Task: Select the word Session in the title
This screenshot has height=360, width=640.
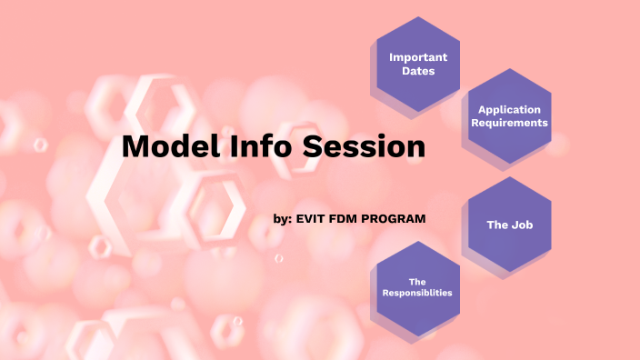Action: coord(364,146)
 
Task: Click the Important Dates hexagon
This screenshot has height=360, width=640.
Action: coord(418,64)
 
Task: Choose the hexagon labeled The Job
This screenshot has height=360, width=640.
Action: coord(509,224)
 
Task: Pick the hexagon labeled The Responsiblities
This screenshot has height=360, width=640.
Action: coord(417,287)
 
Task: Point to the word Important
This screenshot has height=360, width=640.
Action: coord(418,57)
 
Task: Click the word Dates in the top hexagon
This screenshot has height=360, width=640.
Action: coord(418,71)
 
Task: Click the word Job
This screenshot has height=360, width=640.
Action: coord(521,225)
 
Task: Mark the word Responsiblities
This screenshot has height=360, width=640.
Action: coord(417,293)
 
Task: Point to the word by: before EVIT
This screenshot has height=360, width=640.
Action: coord(283,219)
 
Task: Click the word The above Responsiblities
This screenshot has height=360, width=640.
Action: coord(417,281)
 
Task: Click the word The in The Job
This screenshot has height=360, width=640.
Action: coord(497,225)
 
